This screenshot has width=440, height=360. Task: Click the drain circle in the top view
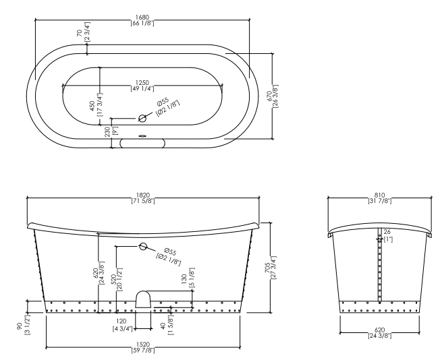tap(142, 119)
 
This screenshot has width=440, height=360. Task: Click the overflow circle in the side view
tap(142, 247)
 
